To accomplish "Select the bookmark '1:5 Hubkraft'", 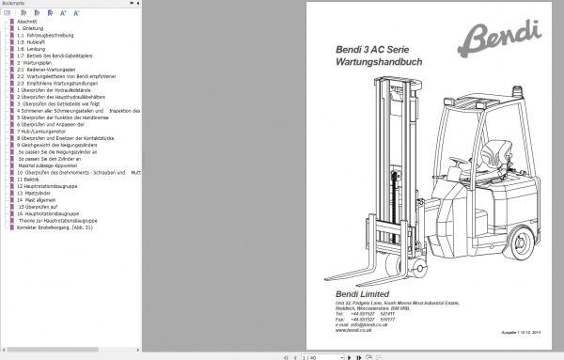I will click(33, 42).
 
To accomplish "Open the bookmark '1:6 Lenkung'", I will click(33, 49).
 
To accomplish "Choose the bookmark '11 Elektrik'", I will click(31, 179).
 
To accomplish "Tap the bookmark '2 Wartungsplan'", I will click(35, 62).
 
